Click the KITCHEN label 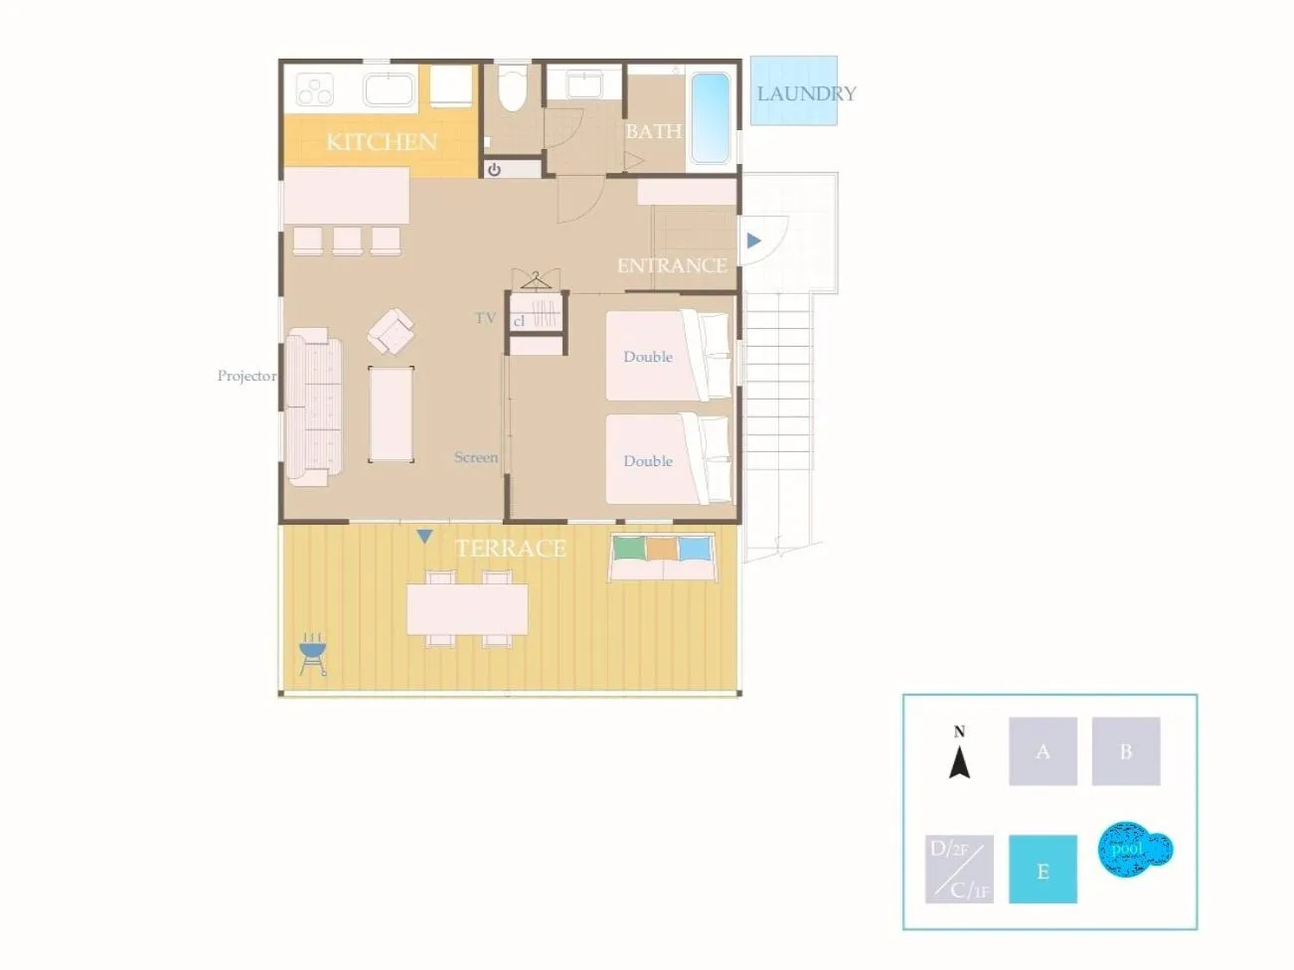(x=382, y=141)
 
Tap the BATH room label (x=653, y=131)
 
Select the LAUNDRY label (x=806, y=93)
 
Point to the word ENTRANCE (x=672, y=265)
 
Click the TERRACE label (x=510, y=548)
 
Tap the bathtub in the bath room (x=710, y=117)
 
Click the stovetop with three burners (x=315, y=90)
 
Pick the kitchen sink (x=389, y=89)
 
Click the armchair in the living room (x=391, y=331)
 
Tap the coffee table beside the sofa (x=391, y=413)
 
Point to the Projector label (x=246, y=376)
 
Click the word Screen (x=476, y=457)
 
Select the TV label (x=485, y=318)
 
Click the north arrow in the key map (x=959, y=757)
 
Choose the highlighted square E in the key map (x=1043, y=870)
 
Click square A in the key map (x=1043, y=751)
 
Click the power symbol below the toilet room (x=494, y=170)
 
